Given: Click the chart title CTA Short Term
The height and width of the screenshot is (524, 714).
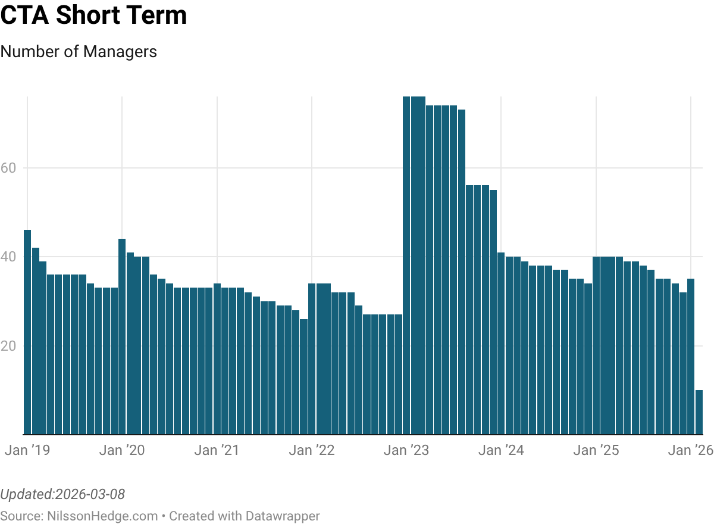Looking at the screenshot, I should [93, 16].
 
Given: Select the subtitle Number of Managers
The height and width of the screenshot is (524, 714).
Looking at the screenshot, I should [79, 52].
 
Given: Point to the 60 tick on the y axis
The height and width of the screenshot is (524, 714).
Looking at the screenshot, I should [8, 168].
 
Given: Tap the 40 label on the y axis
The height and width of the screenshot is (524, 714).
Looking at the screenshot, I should [8, 257].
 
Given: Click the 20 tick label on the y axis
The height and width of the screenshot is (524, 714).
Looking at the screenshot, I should [8, 345].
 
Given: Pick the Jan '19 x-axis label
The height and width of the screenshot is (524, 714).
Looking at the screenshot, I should [27, 450].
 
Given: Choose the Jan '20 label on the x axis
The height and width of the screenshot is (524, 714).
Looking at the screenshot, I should [122, 450].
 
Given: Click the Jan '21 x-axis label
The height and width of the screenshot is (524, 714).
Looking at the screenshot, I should [217, 450].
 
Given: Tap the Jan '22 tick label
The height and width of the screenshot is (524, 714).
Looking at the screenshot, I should [312, 450].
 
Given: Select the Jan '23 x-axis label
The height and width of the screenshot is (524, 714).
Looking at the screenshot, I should [406, 450].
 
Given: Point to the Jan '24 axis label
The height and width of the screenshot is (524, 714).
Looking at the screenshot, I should [501, 450].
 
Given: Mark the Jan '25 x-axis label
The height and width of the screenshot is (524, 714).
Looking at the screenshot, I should [596, 450].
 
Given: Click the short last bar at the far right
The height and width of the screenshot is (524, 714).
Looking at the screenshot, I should [699, 412].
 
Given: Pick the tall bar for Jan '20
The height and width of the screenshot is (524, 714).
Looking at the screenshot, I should [122, 336].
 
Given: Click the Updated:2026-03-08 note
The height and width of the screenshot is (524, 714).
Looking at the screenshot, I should [62, 494].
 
